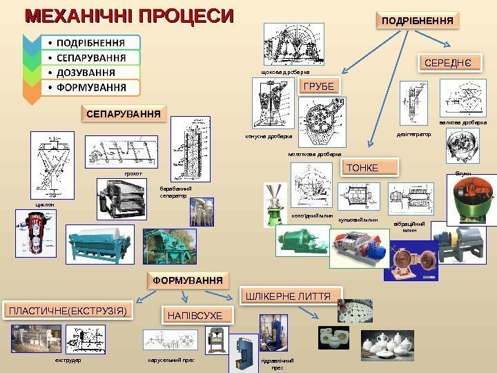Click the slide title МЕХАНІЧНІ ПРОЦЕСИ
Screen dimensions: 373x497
(x=130, y=15)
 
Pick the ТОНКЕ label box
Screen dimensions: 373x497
(x=371, y=166)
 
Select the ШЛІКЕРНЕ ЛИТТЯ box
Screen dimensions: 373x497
(x=289, y=296)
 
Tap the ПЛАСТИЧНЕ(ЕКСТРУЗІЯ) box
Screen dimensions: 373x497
(x=68, y=312)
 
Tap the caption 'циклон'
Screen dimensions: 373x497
(x=35, y=204)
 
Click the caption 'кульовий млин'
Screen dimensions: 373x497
(x=359, y=219)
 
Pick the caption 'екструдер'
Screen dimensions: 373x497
(x=68, y=361)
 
